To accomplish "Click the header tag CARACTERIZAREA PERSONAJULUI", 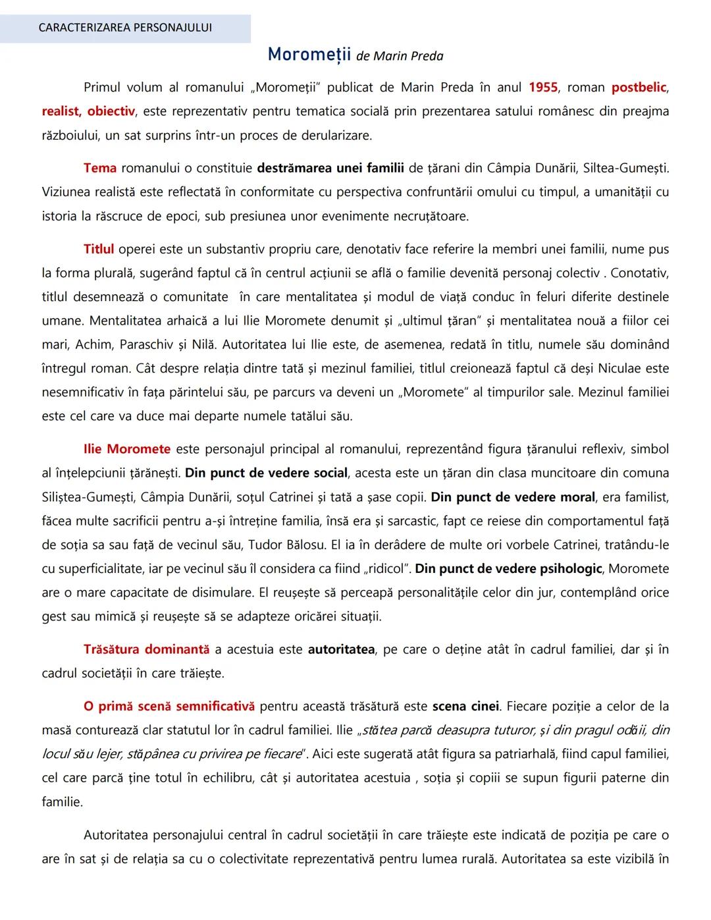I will pos(125,28).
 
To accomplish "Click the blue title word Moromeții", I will pos(309,55).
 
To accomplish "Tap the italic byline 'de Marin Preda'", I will pos(400,56).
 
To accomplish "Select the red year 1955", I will pos(543,87).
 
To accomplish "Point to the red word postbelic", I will pos(639,87).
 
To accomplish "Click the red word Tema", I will pos(100,168).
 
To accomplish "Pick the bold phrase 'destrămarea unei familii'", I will pos(330,168).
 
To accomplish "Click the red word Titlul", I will pos(99,249).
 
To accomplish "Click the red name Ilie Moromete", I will pos(127,449).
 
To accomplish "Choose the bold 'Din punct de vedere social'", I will pos(266,473).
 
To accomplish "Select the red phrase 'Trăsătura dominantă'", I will pos(146,649).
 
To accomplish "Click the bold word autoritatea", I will pos(341,649).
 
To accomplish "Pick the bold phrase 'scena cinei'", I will pos(465,706).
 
